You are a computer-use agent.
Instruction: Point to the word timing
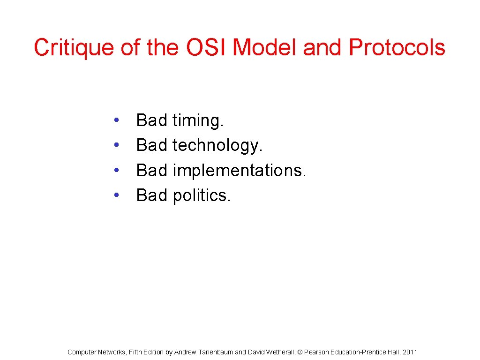click(198, 121)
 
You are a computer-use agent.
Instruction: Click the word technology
click(217, 146)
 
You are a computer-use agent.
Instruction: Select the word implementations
click(239, 171)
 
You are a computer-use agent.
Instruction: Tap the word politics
click(202, 195)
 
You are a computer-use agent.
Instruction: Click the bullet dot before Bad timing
click(116, 121)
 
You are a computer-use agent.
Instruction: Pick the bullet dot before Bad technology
click(116, 146)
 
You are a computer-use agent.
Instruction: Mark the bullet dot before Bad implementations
click(116, 171)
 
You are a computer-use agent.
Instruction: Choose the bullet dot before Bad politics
click(116, 195)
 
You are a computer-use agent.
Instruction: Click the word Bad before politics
click(151, 195)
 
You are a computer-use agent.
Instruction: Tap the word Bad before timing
click(151, 121)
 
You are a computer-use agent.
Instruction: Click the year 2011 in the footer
click(410, 352)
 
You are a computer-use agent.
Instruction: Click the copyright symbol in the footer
click(300, 352)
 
